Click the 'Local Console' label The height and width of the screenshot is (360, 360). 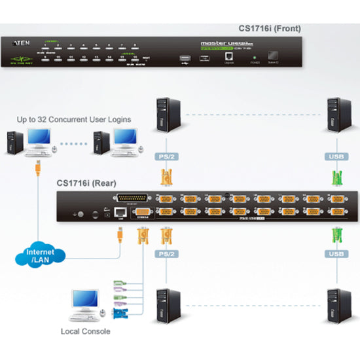[x=85, y=331]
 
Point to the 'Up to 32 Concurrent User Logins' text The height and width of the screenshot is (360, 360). [x=74, y=119]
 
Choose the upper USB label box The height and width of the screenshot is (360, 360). [x=335, y=156]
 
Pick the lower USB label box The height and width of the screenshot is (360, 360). [x=335, y=253]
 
